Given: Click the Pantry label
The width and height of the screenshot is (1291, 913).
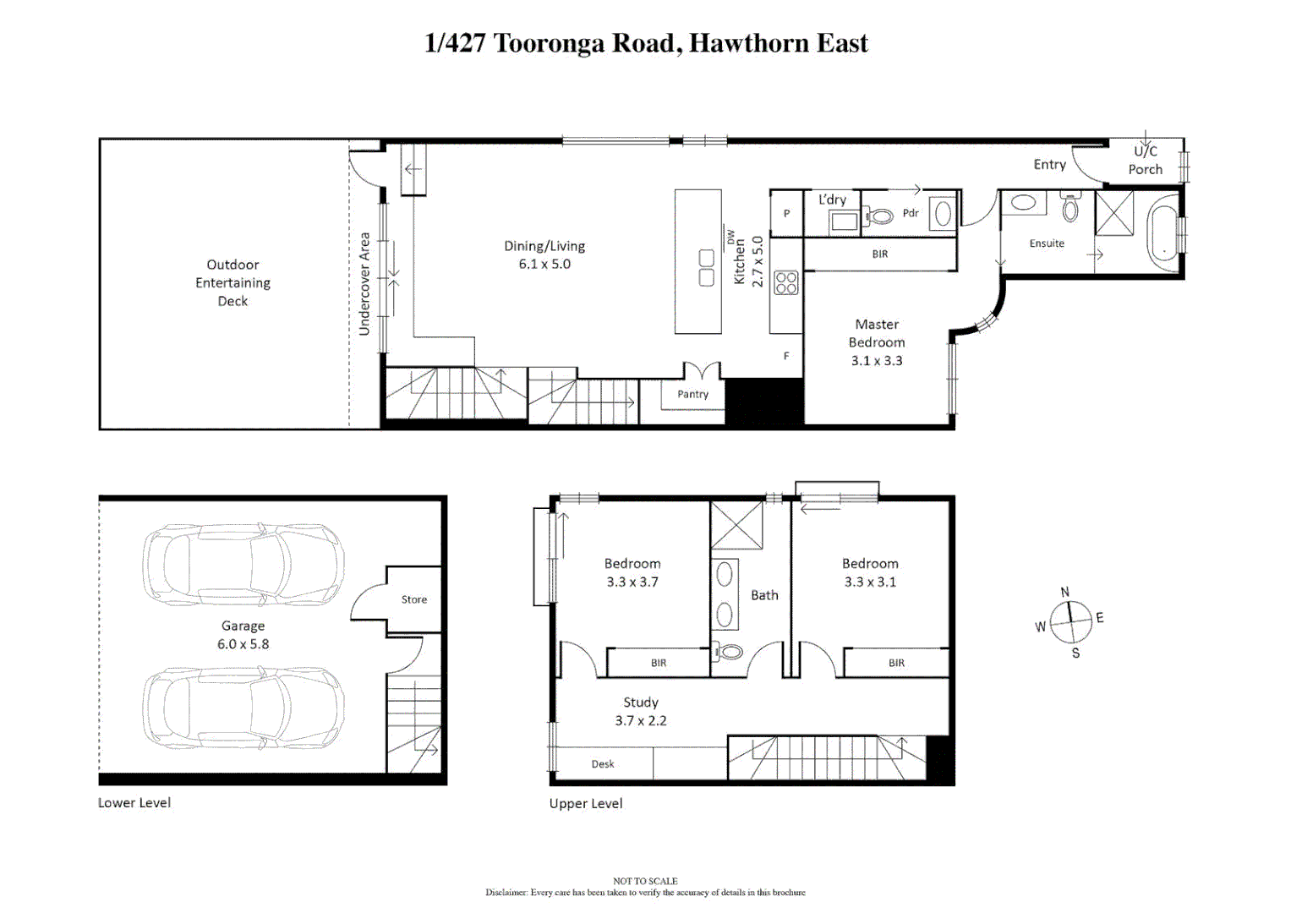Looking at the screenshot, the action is pos(692,394).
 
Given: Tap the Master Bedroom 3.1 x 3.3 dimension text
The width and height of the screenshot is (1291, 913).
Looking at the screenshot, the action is pos(877,361).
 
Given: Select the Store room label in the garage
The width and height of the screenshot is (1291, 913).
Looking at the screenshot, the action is pos(413,599).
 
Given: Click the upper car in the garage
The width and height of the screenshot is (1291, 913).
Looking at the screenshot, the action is pos(243,564).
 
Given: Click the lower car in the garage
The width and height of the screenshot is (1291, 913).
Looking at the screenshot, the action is pos(243,708).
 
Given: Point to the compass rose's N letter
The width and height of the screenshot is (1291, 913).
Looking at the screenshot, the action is pos(1064,592).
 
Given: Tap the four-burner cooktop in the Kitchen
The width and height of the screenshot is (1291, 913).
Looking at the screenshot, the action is pos(786,282).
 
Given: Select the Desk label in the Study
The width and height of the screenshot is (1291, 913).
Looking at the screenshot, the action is pos(602,764).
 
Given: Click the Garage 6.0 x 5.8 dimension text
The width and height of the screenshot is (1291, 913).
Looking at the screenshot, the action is pos(243,644).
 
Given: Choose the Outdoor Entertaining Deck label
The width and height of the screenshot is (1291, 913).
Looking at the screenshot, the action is pos(232,282).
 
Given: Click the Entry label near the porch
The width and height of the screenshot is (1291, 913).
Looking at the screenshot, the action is pos(1049,165).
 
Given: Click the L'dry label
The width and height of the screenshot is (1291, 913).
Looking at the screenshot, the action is pos(832,200).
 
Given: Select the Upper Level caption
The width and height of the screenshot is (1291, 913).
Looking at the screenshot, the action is pos(585,803).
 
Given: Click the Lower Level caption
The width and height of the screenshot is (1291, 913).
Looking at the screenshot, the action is pos(134,802).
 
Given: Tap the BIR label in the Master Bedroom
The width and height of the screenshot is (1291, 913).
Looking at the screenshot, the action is pos(879,254).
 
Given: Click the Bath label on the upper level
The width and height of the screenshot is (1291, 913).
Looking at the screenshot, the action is pos(764,595).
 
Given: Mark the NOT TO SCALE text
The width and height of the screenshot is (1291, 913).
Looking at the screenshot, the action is pos(645,881).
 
